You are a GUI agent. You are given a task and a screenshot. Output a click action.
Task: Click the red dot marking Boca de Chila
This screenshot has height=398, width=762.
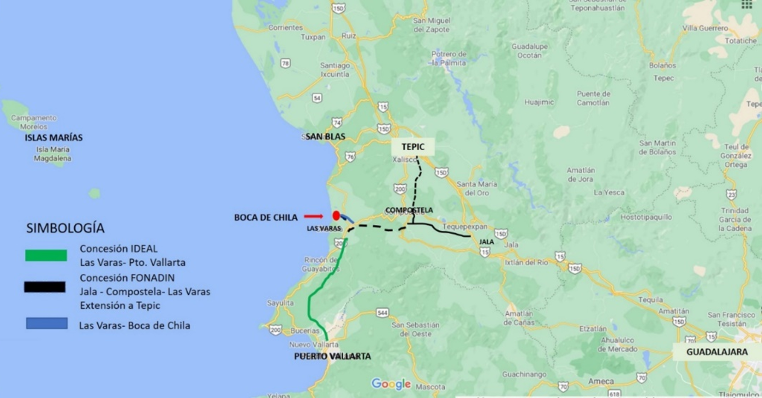[336, 216]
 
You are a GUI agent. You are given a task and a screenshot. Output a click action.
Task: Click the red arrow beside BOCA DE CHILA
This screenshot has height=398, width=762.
[313, 217]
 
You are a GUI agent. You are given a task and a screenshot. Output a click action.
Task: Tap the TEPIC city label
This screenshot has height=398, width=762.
[413, 147]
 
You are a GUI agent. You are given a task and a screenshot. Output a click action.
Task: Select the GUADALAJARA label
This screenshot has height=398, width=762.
[717, 352]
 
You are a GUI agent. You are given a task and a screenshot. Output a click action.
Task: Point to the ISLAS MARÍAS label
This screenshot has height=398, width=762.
[53, 138]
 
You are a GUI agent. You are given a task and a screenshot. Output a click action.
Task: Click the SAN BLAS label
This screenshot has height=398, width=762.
[325, 137]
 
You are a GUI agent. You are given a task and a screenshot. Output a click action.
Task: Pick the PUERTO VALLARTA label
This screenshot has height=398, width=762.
[332, 356]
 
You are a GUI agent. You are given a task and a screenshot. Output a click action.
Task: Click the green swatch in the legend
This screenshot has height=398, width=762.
[46, 255]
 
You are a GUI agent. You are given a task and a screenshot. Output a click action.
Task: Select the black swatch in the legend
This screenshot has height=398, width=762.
[45, 287]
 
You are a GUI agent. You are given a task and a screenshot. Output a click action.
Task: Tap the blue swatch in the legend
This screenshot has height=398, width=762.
[47, 323]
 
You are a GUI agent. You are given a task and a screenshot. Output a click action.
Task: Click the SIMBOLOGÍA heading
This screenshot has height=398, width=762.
[65, 228]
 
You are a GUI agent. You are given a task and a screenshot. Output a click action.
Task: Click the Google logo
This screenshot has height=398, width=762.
[391, 384]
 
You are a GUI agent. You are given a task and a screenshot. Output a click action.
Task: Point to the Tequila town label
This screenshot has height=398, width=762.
[651, 300]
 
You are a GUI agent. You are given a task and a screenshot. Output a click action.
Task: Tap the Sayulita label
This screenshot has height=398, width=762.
[280, 303]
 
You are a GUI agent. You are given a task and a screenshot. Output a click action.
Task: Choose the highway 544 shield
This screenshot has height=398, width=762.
[382, 313]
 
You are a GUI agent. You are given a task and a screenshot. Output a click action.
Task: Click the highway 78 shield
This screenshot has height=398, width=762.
[285, 64]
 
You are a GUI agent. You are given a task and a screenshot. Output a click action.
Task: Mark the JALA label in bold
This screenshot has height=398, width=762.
[486, 242]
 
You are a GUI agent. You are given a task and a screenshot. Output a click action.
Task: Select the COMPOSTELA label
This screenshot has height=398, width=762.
[409, 210]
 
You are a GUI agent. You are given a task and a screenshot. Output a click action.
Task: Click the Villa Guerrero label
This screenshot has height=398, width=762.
[705, 28]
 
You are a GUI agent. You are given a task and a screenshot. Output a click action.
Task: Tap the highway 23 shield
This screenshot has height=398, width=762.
[731, 195]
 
